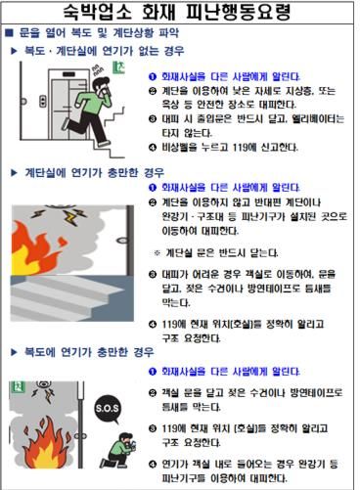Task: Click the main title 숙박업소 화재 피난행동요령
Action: click(181, 15)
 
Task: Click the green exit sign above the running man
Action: click(117, 69)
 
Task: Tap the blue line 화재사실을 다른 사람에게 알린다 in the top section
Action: click(231, 75)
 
